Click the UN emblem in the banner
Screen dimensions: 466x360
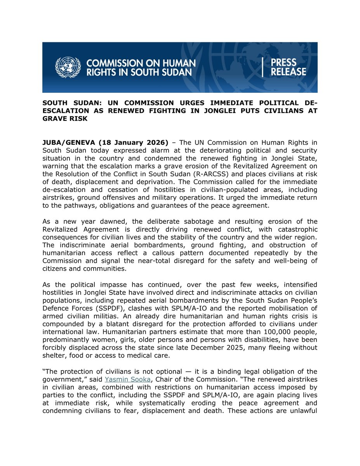(x=68, y=67)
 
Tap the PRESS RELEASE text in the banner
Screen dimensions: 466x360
(x=288, y=67)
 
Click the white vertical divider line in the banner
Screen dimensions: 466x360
(x=263, y=67)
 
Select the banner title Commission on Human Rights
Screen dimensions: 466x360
(x=141, y=67)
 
